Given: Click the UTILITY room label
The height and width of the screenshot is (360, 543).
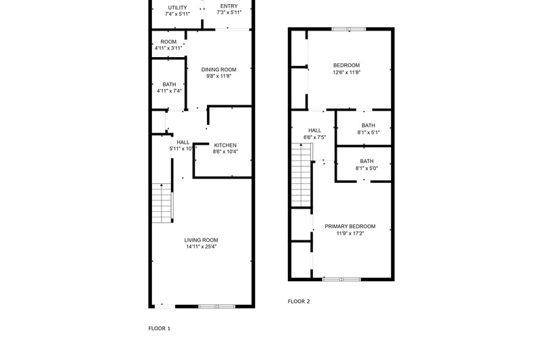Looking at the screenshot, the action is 177,7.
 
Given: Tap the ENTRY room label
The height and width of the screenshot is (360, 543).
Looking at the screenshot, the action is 229,6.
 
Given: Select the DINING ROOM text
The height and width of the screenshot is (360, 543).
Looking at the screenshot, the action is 219,70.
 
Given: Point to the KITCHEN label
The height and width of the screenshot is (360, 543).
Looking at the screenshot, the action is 225,145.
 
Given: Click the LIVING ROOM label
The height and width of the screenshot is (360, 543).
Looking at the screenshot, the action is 201,240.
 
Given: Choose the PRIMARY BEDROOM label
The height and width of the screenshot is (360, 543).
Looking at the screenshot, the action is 350,227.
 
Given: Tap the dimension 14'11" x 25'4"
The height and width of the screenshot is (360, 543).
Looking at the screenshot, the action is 201,247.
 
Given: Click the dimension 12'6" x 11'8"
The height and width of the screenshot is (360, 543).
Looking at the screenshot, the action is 347,73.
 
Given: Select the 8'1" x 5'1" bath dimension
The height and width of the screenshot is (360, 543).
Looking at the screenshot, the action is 369,132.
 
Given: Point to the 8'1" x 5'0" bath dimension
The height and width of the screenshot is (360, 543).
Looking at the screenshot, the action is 367,168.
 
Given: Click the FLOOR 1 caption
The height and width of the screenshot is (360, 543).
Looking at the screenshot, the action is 160,329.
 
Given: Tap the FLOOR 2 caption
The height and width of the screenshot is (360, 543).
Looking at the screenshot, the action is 299,302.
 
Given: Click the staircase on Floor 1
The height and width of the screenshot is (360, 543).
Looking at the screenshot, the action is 162,203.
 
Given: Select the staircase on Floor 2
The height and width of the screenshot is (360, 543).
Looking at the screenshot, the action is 301,175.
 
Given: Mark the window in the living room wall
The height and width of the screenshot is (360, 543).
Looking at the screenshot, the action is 217,306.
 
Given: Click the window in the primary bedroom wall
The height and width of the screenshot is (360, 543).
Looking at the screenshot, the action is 342,279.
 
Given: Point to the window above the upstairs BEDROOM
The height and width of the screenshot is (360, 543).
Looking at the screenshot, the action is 349,29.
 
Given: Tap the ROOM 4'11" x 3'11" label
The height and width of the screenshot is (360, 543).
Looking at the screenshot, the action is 168,45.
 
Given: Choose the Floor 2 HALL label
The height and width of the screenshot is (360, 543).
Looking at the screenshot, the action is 314,130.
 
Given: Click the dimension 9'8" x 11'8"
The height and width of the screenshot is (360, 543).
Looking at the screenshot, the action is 219,76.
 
